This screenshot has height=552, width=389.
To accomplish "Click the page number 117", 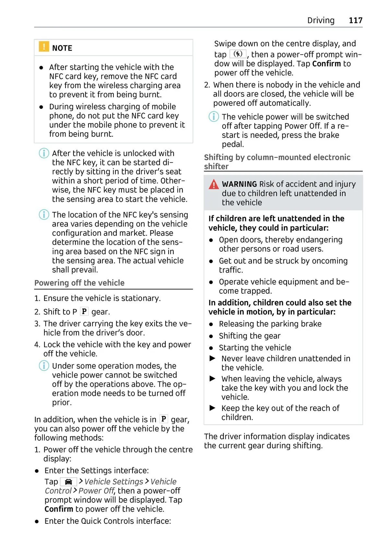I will (356, 20).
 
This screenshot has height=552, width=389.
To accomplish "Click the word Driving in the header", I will (321, 20).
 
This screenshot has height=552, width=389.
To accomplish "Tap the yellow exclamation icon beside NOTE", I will (44, 47).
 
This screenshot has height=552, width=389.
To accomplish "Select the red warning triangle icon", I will (214, 184).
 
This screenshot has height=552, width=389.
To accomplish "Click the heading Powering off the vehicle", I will (79, 283).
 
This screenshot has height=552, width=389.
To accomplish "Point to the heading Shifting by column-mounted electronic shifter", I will (277, 161).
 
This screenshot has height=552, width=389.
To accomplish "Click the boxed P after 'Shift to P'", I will (84, 311).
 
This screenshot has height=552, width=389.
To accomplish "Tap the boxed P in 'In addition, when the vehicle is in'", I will (164, 419).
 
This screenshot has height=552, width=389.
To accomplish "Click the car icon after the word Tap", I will (68, 482).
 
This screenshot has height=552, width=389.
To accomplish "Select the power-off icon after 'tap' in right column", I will (238, 54).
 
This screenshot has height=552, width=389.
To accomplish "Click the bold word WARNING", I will (239, 184).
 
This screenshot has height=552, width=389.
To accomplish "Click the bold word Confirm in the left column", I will (59, 509).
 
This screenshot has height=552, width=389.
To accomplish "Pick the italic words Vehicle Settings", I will (114, 482).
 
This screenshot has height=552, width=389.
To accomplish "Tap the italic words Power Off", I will (96, 491).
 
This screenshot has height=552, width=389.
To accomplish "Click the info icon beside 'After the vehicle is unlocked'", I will (44, 153).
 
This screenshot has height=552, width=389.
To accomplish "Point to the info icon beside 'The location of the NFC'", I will (44, 215).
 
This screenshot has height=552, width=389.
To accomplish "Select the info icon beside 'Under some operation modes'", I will (44, 366).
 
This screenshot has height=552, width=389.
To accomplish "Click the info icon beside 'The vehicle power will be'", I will (214, 116).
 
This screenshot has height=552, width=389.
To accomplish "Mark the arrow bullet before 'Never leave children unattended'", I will (213, 358).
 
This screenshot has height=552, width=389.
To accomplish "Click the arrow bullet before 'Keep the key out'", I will (213, 408).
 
